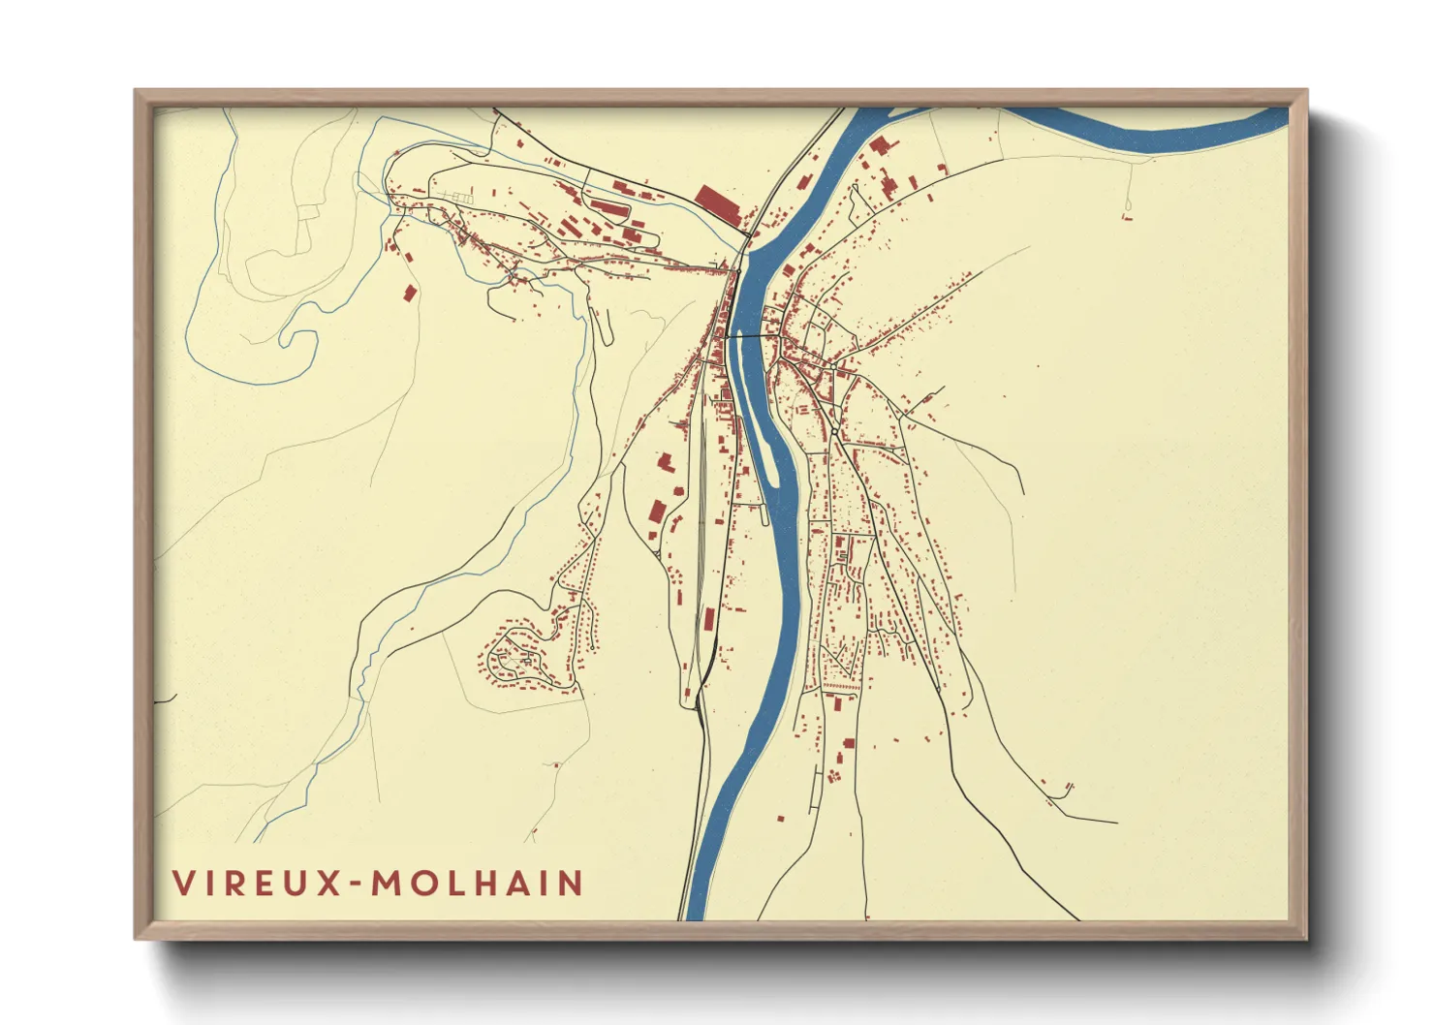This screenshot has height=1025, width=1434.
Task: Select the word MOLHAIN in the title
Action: coord(478,884)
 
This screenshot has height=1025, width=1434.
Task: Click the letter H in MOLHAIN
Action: coord(487,884)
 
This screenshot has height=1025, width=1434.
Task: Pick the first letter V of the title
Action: coord(183,884)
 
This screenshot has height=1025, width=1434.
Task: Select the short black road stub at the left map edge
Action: coord(166,698)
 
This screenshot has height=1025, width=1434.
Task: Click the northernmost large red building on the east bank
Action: coord(880,146)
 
